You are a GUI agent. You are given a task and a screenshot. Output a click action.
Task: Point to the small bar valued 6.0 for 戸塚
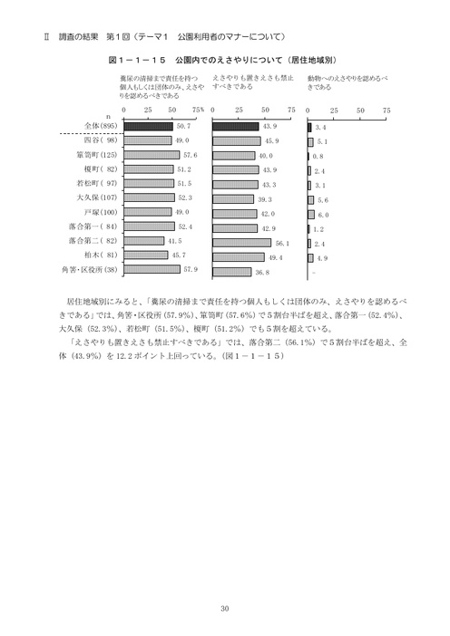click(311, 213)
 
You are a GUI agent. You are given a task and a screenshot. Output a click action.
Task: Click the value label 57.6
click(190, 156)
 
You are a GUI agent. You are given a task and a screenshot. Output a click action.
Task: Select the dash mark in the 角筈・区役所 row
click(313, 270)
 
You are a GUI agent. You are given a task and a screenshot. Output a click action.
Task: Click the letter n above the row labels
click(107, 117)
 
